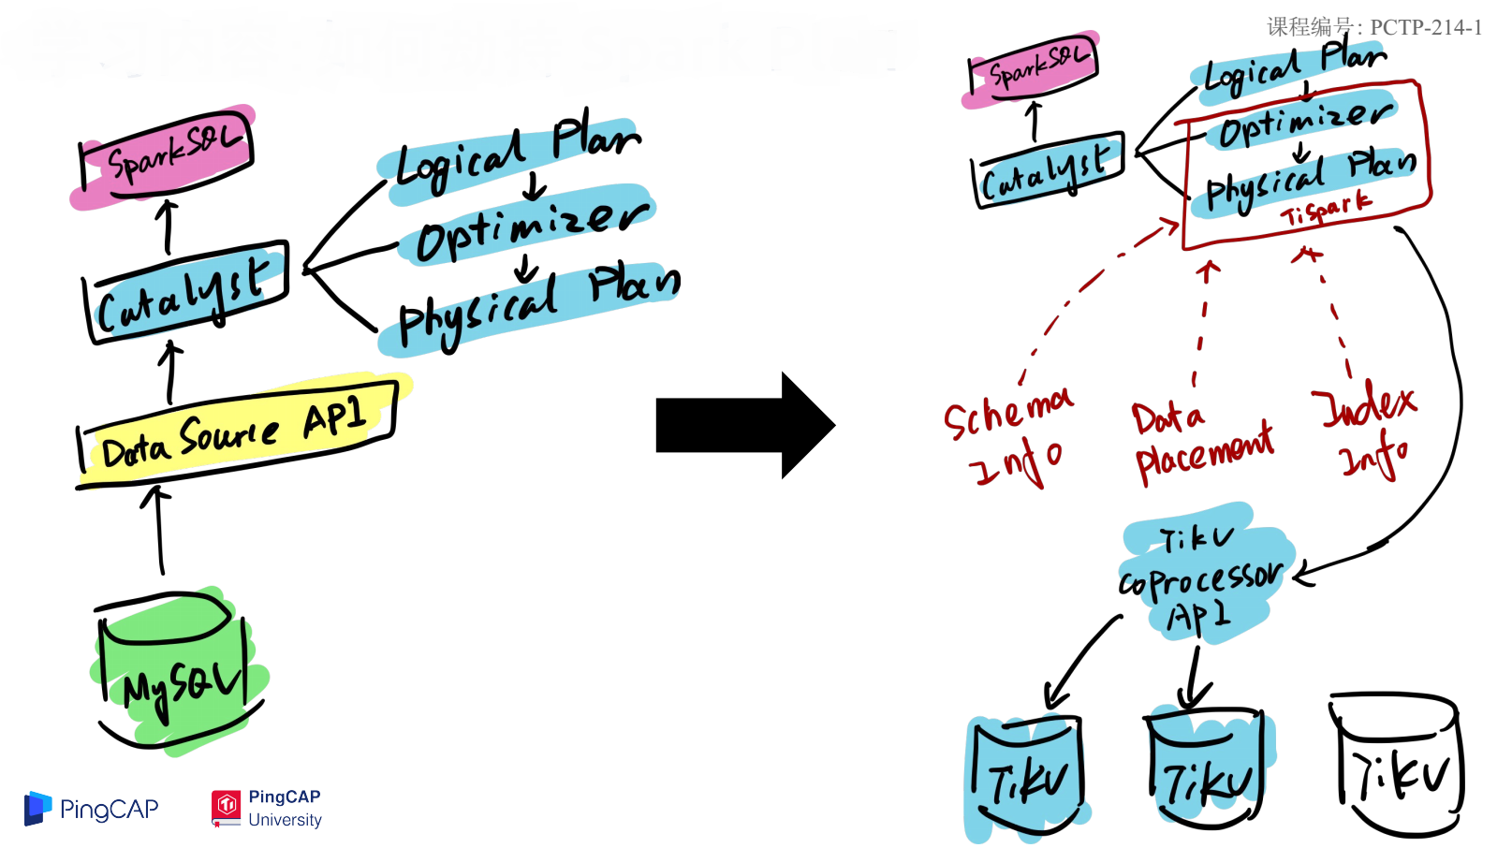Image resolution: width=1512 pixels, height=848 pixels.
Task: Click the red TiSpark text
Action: coord(1326,210)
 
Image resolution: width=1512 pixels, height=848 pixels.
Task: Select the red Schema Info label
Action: coord(1007,435)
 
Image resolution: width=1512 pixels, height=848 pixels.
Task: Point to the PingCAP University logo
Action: coord(268,808)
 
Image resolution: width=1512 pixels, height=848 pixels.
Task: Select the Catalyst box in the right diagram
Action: coord(1048,169)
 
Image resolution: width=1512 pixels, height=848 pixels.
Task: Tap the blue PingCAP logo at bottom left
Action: coord(92,809)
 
